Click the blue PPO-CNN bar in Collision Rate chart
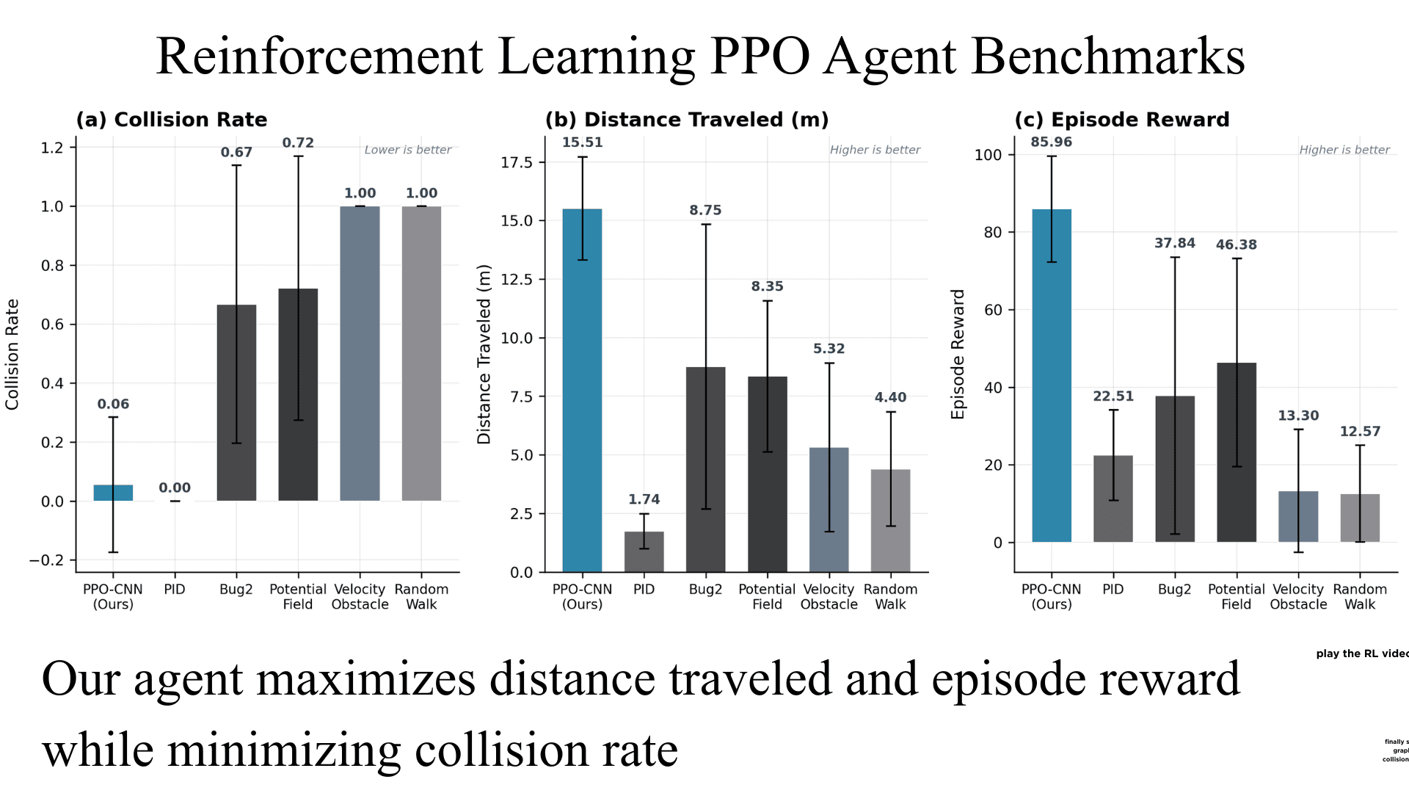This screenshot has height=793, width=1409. (x=113, y=493)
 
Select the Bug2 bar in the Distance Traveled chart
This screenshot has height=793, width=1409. (x=705, y=470)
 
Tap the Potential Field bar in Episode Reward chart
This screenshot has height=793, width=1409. (x=1237, y=452)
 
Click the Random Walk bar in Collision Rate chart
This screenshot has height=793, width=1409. (x=421, y=353)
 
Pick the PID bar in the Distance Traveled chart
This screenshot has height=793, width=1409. (x=644, y=551)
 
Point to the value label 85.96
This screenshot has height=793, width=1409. (x=1051, y=142)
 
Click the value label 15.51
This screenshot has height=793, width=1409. (x=582, y=142)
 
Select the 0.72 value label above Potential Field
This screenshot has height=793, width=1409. (x=298, y=142)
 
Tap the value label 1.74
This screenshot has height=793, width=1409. (x=644, y=499)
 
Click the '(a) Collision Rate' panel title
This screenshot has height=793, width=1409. (x=172, y=120)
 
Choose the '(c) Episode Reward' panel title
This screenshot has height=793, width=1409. (x=1121, y=120)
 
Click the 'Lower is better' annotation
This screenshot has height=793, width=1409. (x=408, y=150)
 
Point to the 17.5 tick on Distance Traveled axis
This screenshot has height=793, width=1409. (x=517, y=162)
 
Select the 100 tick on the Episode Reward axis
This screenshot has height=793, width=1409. (x=988, y=155)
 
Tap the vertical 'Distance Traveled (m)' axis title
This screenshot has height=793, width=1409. (x=484, y=355)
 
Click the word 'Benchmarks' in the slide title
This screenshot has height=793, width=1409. (x=1108, y=57)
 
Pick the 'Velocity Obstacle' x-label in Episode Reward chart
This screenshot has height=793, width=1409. (x=1298, y=597)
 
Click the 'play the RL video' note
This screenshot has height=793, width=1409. (x=1362, y=653)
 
